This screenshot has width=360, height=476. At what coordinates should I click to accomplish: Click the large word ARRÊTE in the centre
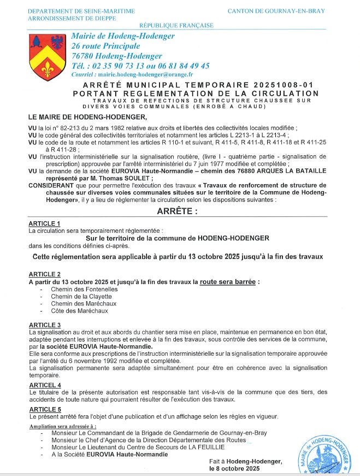[x=178, y=210]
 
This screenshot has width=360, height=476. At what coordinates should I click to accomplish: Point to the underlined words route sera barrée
[x=228, y=282]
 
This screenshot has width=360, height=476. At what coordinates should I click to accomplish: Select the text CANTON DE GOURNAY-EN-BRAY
[x=276, y=11]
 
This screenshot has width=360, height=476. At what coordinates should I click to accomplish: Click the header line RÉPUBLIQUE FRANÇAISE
[x=176, y=26]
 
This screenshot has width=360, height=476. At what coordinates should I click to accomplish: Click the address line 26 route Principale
[x=105, y=46]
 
